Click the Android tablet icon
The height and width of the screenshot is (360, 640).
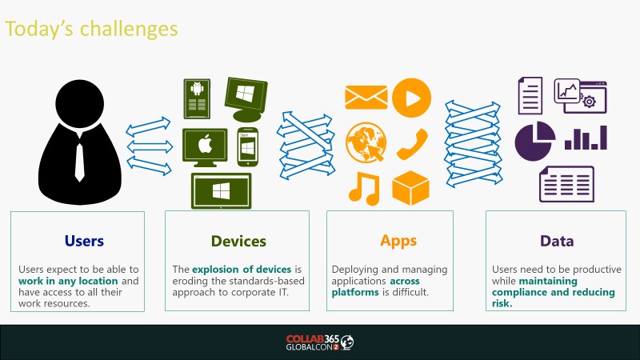pyautogui.click(x=197, y=98)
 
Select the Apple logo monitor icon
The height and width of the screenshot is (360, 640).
pyautogui.click(x=205, y=147)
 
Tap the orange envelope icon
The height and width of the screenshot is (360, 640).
pyautogui.click(x=366, y=97)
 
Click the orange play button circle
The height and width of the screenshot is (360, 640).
pyautogui.click(x=411, y=98)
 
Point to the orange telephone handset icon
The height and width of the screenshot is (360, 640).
pyautogui.click(x=412, y=145)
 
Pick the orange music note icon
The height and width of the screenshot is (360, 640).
pyautogui.click(x=364, y=188)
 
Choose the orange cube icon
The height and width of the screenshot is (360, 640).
pyautogui.click(x=410, y=188)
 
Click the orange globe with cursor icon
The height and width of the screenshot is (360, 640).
pyautogui.click(x=366, y=142)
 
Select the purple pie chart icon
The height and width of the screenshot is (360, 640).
pyautogui.click(x=534, y=141)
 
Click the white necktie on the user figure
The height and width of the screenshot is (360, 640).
pyautogui.click(x=79, y=162)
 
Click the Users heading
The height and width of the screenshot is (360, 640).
pyautogui.click(x=84, y=241)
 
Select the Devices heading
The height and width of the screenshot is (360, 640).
pyautogui.click(x=238, y=242)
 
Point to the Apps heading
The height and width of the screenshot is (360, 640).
pyautogui.click(x=398, y=241)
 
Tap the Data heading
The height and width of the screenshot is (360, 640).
pyautogui.click(x=557, y=242)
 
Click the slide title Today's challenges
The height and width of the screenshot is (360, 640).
pyautogui.click(x=91, y=29)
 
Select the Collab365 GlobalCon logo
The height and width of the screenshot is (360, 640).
pyautogui.click(x=319, y=342)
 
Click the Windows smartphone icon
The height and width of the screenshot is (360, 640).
pyautogui.click(x=248, y=147)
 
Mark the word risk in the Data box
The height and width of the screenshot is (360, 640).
pyautogui.click(x=502, y=303)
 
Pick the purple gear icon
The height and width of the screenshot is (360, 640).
pyautogui.click(x=589, y=102)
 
